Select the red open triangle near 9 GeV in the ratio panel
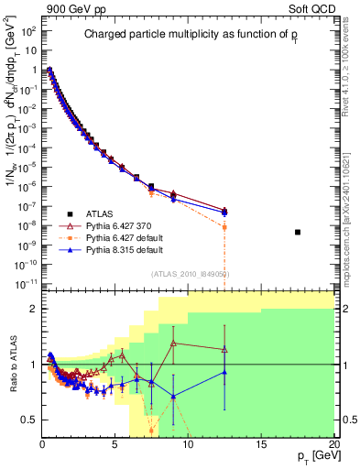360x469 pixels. click(x=173, y=344)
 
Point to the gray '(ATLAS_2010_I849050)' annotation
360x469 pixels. click(x=191, y=273)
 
